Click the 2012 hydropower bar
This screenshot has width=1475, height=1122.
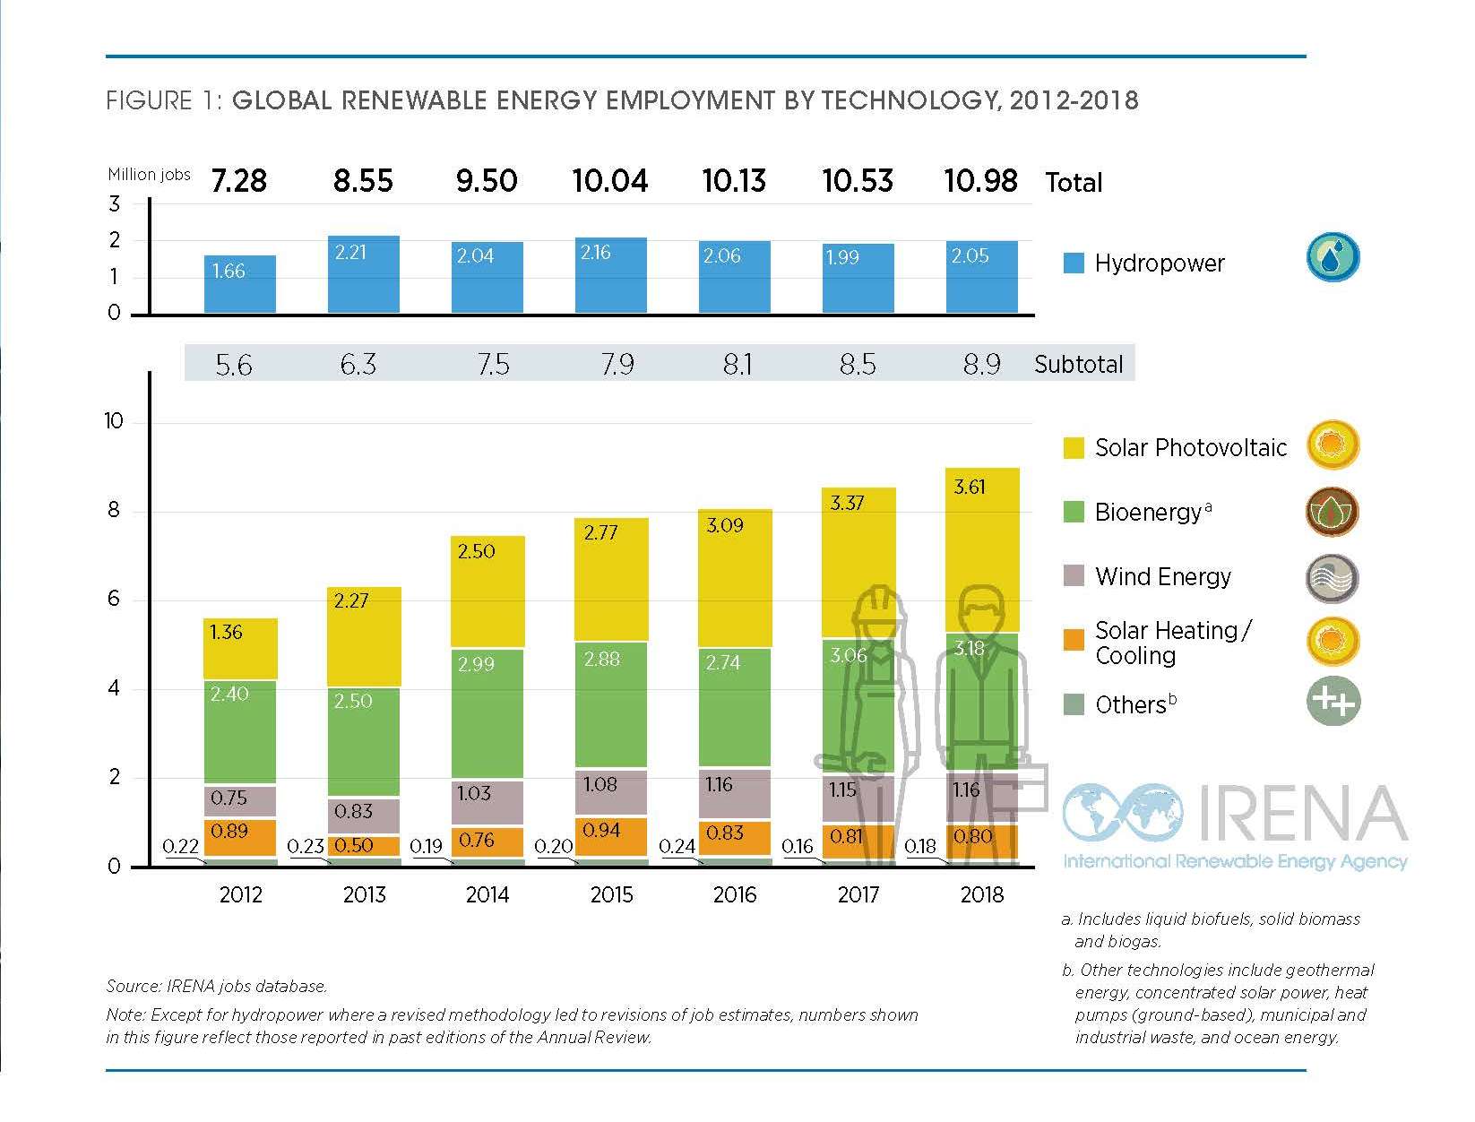pyautogui.click(x=240, y=284)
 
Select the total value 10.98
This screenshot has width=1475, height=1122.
pyautogui.click(x=981, y=181)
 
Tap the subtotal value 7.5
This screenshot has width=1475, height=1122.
pyautogui.click(x=493, y=364)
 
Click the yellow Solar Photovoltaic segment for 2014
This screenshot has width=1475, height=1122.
pyautogui.click(x=487, y=591)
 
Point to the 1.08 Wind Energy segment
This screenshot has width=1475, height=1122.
pyautogui.click(x=611, y=792)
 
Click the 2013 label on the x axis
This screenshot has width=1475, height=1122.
pyautogui.click(x=364, y=894)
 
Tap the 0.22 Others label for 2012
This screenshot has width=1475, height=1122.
pyautogui.click(x=180, y=847)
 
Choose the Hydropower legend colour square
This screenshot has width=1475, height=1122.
pyautogui.click(x=1074, y=263)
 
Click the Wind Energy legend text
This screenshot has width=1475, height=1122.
pyautogui.click(x=1163, y=577)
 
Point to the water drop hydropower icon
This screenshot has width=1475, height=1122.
pyautogui.click(x=1333, y=257)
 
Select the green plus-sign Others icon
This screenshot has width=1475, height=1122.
pyautogui.click(x=1333, y=701)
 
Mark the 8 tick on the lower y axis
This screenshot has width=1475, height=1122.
pyautogui.click(x=114, y=511)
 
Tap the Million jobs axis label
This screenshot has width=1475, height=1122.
pyautogui.click(x=149, y=175)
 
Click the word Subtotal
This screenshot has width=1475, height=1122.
pyautogui.click(x=1078, y=365)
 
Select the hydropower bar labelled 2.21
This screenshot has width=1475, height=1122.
pyautogui.click(x=364, y=274)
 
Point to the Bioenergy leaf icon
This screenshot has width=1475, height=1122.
pyautogui.click(x=1333, y=513)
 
